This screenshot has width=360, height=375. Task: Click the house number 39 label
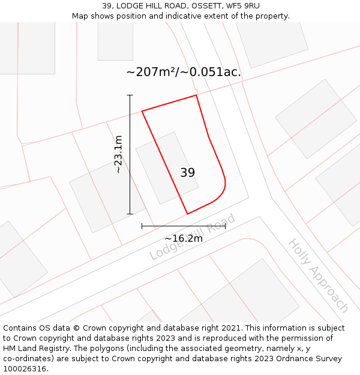coord(187,173)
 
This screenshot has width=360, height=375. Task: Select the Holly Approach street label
coord(319,275)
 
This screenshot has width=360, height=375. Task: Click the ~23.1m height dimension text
coord(118,154)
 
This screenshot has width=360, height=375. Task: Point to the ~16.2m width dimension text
coord(184,238)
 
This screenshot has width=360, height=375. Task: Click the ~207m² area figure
coord(152,72)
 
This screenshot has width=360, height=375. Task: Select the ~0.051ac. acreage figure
coord(212,72)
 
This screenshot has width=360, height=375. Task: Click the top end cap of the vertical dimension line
coord(130,95)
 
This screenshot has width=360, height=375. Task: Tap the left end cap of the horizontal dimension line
coord(142,226)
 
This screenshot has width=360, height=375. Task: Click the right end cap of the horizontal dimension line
coord(225,226)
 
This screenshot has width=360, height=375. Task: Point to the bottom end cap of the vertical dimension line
coord(130,214)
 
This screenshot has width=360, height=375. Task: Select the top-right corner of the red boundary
coord(196,95)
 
